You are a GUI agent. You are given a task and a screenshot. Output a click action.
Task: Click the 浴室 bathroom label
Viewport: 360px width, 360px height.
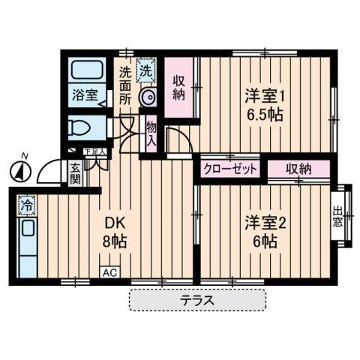point(84,95)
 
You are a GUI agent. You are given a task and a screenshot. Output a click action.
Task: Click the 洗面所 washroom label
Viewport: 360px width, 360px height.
point(125,84)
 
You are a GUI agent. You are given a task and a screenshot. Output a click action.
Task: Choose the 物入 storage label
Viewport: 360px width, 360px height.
point(151,136)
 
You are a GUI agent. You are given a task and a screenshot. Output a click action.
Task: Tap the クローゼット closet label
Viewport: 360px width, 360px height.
point(229,169)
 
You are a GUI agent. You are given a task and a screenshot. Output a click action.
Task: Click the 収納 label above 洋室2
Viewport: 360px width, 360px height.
point(298,169)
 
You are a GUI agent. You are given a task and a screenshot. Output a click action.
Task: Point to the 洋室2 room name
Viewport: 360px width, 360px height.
point(260,221)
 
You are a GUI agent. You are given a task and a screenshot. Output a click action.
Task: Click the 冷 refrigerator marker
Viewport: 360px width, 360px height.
point(27,203)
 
